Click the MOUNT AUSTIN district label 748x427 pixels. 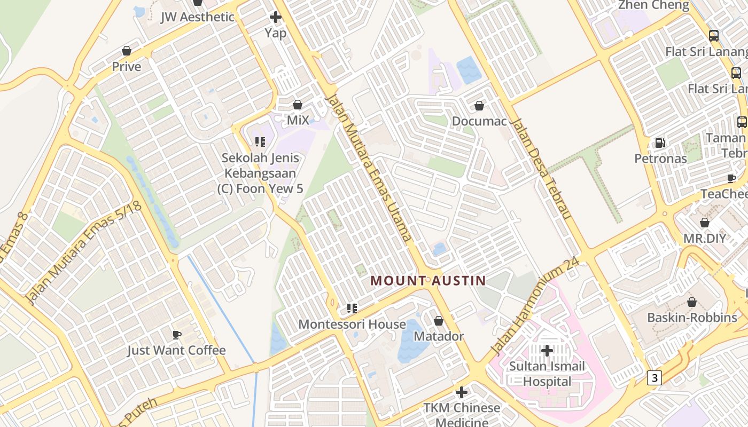[428, 280]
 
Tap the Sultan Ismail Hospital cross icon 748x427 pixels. [547, 351]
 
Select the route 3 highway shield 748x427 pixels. [654, 378]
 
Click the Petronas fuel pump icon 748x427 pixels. [660, 143]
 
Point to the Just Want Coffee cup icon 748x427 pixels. [176, 335]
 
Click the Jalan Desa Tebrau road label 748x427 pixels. [542, 169]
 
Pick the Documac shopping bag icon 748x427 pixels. [479, 106]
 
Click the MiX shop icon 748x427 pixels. [298, 105]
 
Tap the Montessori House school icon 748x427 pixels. [352, 308]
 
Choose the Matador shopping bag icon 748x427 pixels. [439, 321]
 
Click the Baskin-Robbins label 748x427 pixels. [692, 318]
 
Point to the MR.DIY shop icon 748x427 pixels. [705, 223]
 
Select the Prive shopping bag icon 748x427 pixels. [127, 51]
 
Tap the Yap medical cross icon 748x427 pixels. [275, 17]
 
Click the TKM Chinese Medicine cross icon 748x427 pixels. [462, 392]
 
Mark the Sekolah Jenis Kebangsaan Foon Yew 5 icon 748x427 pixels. [260, 142]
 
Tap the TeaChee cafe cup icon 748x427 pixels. [731, 178]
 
